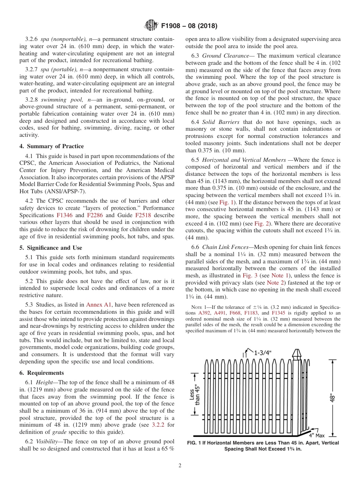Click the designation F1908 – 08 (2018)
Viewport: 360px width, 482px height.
[189, 26]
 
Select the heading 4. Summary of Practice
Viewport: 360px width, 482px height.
[52, 146]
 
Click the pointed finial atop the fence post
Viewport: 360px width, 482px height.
[296, 354]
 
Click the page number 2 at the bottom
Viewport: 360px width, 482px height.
[180, 466]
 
